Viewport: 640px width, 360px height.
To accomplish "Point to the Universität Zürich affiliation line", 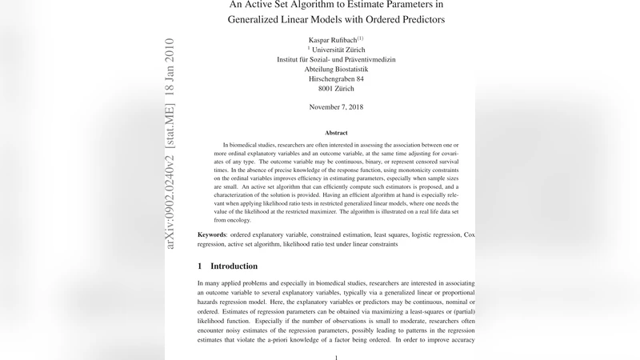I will (336, 49).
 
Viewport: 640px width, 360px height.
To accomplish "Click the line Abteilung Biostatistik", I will (336, 70).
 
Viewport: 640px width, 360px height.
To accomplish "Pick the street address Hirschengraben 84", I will (336, 80).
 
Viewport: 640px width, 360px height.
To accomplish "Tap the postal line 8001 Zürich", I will (336, 90).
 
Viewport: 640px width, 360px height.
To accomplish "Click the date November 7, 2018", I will (336, 107).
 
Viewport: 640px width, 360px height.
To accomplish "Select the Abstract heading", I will (336, 133).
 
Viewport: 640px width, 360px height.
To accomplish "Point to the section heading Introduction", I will (234, 266).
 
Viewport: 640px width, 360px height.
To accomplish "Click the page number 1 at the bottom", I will (336, 358).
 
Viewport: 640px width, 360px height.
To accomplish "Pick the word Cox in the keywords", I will (470, 235).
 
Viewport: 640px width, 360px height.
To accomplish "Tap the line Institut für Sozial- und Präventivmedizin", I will (336, 59).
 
